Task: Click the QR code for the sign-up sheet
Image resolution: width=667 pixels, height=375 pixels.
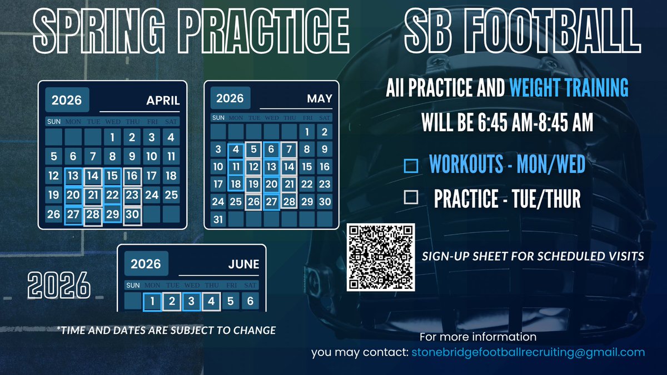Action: (x=381, y=257)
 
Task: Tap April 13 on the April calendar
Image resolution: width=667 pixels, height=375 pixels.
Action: (x=73, y=176)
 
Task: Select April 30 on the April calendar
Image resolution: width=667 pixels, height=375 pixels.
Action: (x=132, y=214)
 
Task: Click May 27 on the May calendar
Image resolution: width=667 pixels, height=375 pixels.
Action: (x=271, y=202)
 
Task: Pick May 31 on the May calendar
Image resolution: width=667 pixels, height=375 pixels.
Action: (x=218, y=219)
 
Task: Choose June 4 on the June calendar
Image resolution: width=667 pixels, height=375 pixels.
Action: (x=211, y=301)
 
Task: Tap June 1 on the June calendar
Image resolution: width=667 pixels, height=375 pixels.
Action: (x=152, y=301)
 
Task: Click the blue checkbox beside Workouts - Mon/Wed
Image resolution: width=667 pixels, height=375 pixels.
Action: (x=411, y=166)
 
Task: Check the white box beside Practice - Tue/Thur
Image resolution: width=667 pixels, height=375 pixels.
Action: (x=411, y=197)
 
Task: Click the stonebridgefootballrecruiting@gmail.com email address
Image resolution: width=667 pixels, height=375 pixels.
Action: (x=528, y=352)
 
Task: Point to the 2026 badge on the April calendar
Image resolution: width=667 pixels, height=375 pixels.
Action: (x=67, y=99)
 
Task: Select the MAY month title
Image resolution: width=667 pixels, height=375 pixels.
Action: (x=320, y=98)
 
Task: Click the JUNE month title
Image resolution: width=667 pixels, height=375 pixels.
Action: (x=243, y=264)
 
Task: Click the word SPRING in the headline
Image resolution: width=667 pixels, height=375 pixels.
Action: (x=99, y=31)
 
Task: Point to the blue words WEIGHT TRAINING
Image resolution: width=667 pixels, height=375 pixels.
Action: (x=569, y=88)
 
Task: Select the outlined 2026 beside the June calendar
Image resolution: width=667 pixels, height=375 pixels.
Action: (x=59, y=285)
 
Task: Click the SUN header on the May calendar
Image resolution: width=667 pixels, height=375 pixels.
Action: (x=218, y=118)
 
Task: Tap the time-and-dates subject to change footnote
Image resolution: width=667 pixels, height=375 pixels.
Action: (x=166, y=330)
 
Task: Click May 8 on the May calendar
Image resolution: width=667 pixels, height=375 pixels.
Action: (x=307, y=149)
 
